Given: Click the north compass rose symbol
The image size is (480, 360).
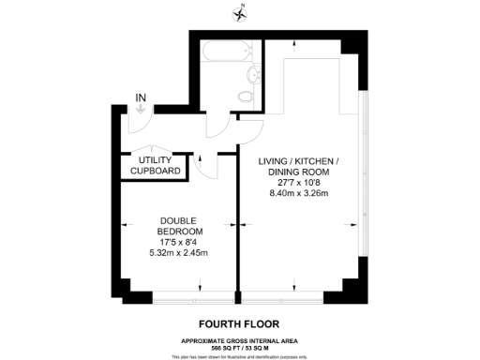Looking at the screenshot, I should coord(240,12).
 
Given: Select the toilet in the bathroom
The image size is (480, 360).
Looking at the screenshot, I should coord(245,96).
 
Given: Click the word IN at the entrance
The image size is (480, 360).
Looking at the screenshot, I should coord(141,97).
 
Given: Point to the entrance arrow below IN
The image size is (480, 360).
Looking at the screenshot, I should coord(141,109).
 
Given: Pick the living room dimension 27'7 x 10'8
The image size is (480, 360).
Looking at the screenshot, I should coord(299,183).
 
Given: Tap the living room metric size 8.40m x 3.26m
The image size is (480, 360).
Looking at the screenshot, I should coord(299,193).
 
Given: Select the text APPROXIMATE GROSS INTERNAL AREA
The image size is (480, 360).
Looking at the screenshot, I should coord(240,339).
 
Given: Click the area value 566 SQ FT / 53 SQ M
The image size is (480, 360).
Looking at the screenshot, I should coord(240,347).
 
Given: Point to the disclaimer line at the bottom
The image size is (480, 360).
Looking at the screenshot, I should coord(240,356).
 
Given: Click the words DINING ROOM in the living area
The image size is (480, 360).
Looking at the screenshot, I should coord(299,172).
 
